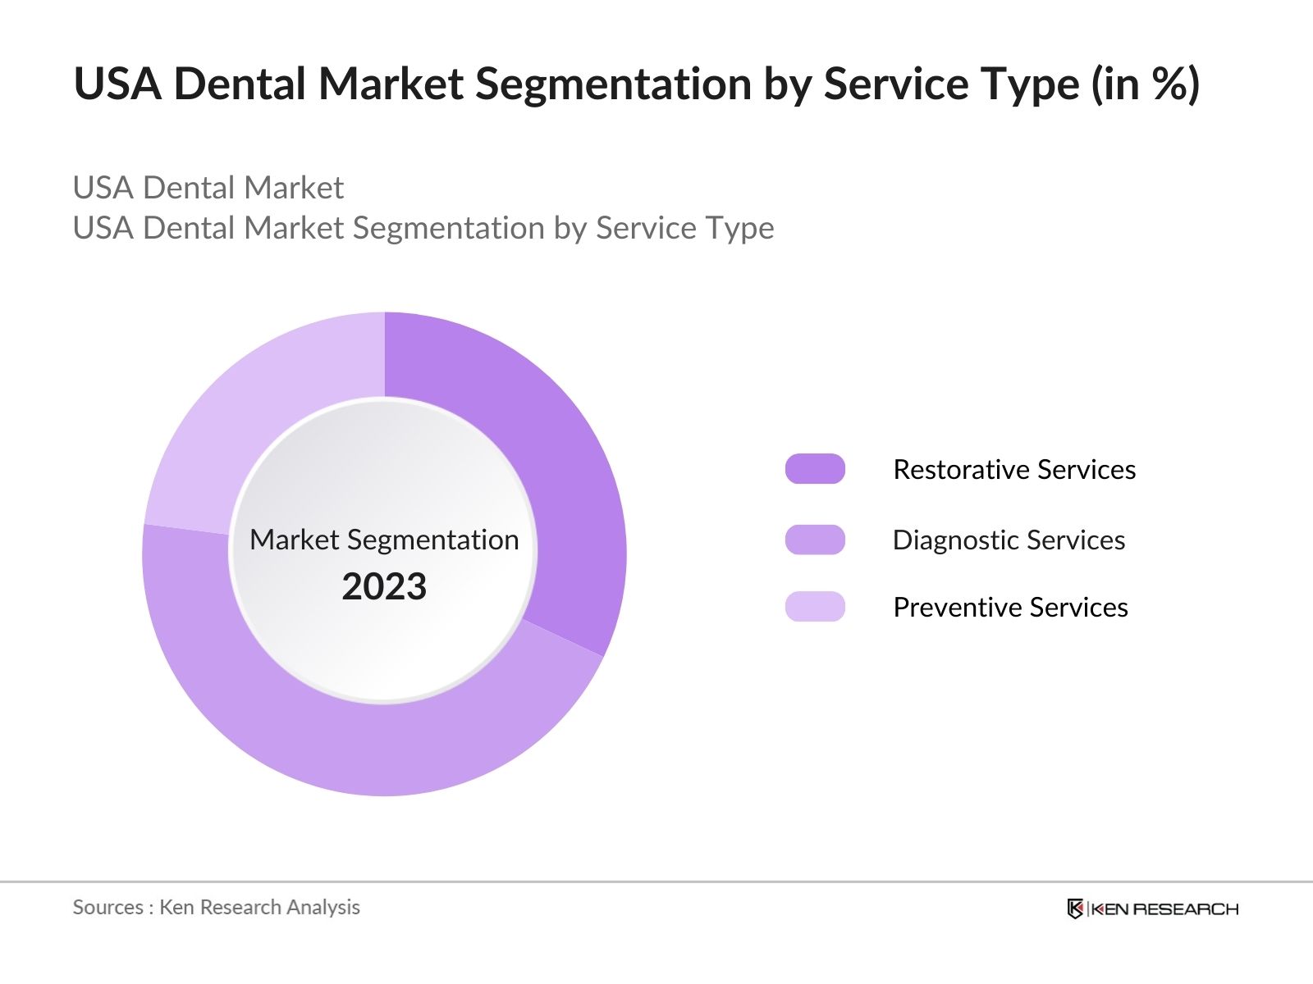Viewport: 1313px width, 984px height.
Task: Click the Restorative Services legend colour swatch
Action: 815,469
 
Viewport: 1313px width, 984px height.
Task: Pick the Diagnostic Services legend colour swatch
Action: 815,540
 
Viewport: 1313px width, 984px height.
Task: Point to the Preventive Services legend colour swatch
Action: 815,607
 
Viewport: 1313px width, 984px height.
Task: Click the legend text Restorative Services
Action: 1014,469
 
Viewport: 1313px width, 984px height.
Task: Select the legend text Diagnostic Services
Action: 1009,540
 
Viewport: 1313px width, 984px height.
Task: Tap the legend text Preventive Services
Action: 1010,607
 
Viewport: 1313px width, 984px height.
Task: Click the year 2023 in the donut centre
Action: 384,586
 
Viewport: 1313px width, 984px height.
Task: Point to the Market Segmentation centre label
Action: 384,540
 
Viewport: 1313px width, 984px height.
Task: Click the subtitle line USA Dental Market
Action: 208,188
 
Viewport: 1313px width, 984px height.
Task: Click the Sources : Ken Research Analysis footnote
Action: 216,907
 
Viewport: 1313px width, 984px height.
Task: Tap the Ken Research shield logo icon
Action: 1075,909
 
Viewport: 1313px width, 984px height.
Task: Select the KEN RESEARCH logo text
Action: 1164,909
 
